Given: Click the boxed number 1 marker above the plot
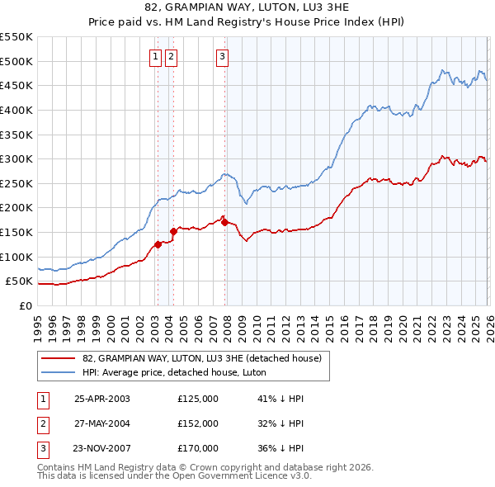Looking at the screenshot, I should (156, 57).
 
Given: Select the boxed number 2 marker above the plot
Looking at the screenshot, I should (171, 57).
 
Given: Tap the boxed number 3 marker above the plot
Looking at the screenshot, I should (223, 57).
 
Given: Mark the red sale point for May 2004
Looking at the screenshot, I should (173, 231).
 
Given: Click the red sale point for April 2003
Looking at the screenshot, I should (158, 244).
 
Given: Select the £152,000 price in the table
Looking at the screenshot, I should (198, 423).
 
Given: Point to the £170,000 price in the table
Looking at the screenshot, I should (198, 448).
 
